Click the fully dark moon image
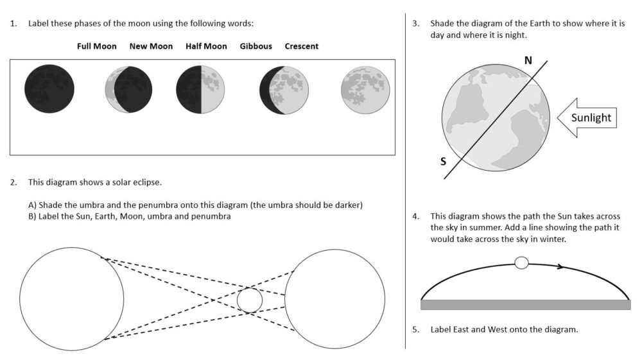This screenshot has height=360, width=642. coord(49,89)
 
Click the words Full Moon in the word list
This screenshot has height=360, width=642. coord(97,46)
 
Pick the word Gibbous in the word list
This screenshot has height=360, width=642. coord(256,46)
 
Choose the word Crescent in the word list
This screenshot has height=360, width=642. coord(302,46)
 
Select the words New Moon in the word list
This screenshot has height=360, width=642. coord(151,46)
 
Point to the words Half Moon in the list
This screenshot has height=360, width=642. coord(206,46)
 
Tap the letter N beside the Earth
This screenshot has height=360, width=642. coord(528,60)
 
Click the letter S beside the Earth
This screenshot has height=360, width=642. coord(443,161)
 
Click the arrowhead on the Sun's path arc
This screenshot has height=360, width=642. coord(561,266)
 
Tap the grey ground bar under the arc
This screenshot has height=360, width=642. coord(525,305)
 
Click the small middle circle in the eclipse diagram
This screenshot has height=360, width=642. coord(249,300)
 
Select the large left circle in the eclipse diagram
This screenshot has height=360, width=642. coord(71,299)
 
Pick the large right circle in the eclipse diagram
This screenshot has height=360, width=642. coord(334,299)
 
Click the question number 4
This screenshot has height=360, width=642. coord(416,216)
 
